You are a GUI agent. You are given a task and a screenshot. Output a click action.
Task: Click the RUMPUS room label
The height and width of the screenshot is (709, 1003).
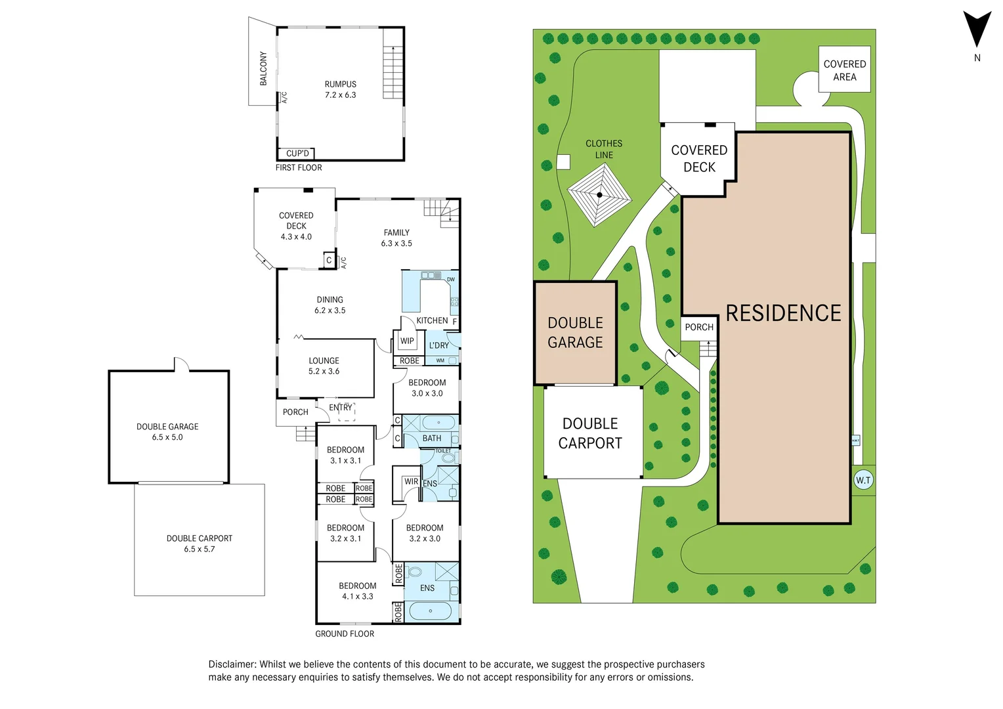tap(340, 85)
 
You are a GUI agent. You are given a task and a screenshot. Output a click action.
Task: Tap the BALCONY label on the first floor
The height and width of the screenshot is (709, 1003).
tap(263, 68)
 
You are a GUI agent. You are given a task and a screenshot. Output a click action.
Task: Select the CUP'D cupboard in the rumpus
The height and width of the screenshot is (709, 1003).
tap(297, 154)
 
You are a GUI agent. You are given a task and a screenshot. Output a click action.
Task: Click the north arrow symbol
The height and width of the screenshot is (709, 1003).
tap(977, 30)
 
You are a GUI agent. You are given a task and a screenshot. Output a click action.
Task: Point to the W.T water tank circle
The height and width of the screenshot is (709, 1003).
tap(863, 481)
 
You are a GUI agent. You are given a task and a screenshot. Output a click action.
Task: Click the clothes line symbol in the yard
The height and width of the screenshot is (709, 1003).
tap(599, 194)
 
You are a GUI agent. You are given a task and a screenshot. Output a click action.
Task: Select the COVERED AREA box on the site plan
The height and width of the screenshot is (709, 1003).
tap(844, 70)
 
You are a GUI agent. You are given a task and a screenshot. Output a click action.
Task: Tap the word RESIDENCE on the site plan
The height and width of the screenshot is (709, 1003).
tap(783, 313)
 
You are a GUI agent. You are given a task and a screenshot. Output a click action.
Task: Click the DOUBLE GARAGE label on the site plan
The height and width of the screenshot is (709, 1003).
tap(575, 333)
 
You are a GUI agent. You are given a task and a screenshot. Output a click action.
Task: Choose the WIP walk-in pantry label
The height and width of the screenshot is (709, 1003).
tap(407, 341)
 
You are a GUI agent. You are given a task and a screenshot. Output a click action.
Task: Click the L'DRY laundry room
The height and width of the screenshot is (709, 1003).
tap(439, 346)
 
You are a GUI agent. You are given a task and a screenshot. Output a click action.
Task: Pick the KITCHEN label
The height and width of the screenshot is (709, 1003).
tap(432, 321)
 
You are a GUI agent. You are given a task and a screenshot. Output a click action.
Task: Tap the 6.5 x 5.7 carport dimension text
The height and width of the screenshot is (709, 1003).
tap(200, 549)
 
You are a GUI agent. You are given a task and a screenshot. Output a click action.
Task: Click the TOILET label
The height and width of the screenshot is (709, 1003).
tap(443, 451)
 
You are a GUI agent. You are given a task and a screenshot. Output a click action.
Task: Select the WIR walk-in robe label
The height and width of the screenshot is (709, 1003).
tap(411, 482)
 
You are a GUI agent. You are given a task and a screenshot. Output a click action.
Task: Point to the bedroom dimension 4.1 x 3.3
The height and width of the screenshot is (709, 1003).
tap(357, 597)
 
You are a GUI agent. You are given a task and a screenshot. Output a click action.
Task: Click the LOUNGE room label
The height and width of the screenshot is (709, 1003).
tap(324, 361)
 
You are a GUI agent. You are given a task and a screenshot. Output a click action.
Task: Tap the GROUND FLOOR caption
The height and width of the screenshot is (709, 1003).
tap(345, 634)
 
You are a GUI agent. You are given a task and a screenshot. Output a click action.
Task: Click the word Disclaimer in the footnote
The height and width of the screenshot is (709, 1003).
tap(232, 664)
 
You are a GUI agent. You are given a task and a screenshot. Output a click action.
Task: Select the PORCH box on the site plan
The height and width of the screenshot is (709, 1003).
tap(698, 328)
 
